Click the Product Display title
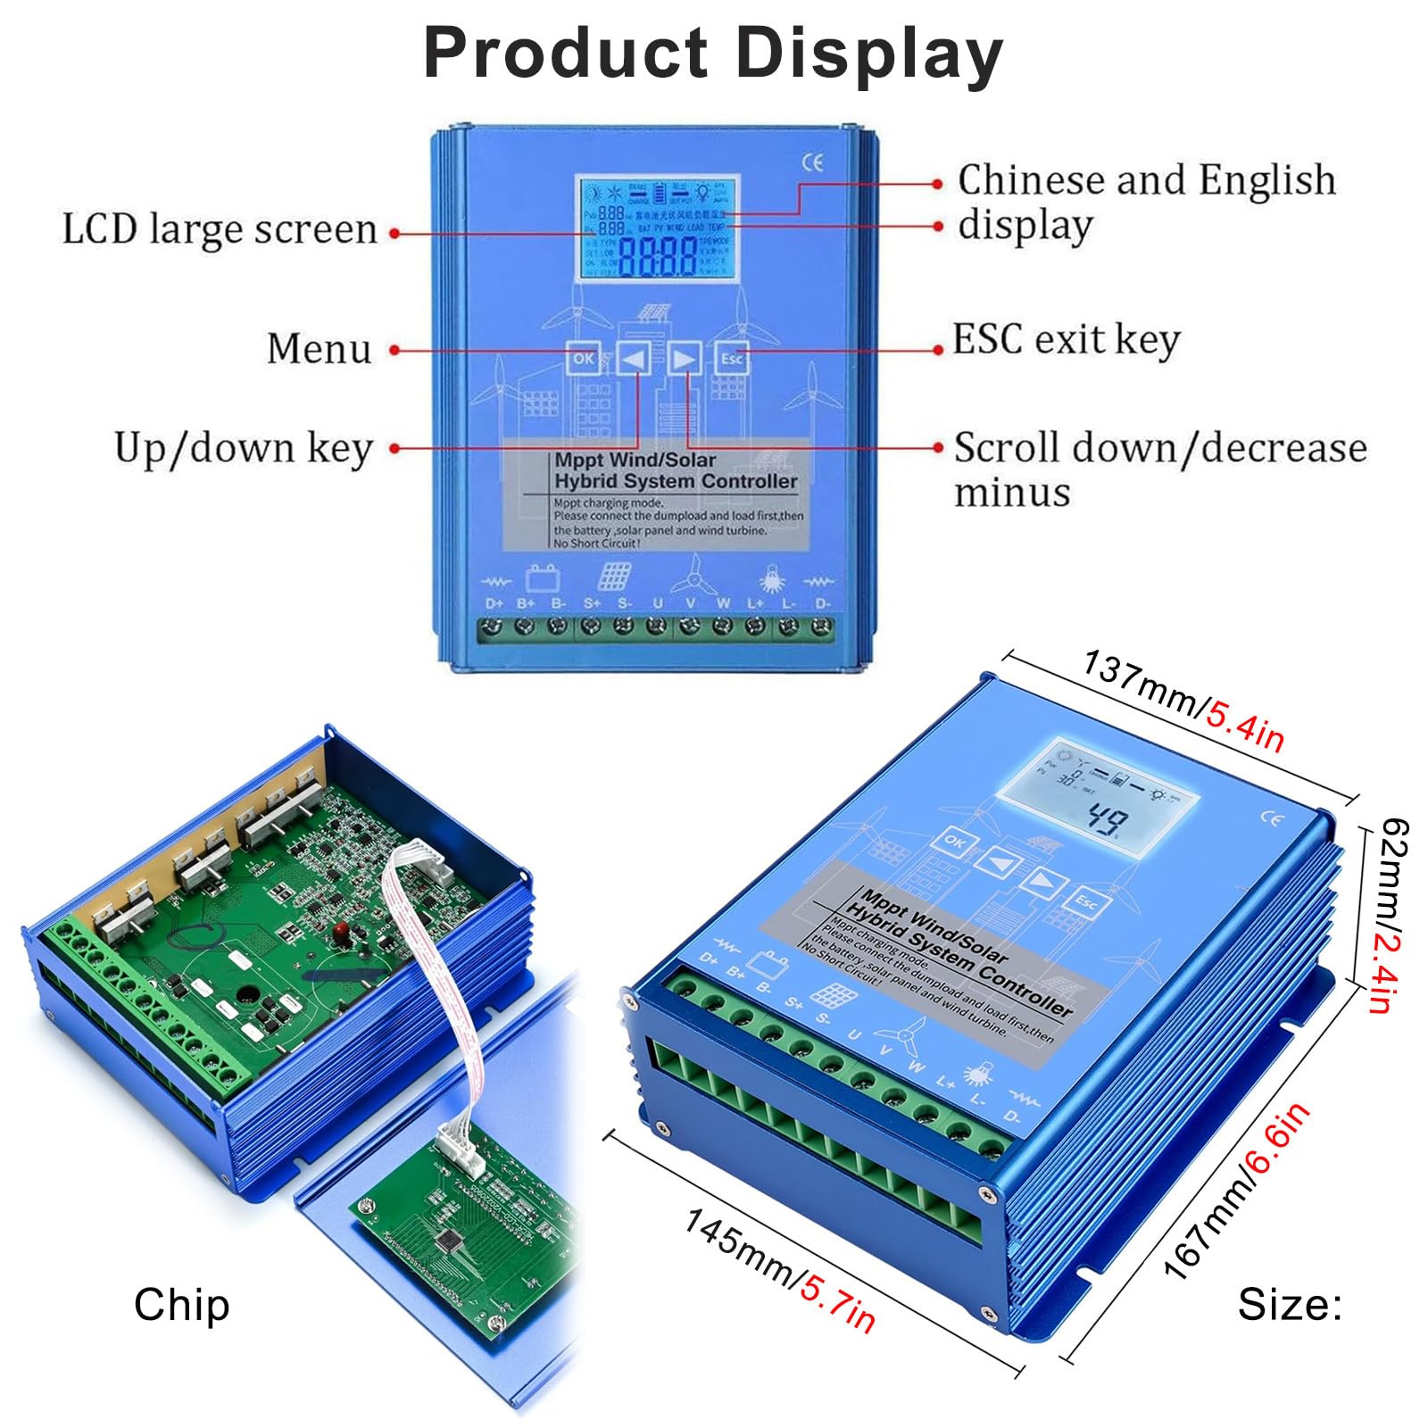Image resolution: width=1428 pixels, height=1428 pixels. (x=712, y=53)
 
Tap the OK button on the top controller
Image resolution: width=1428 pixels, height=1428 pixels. (x=583, y=359)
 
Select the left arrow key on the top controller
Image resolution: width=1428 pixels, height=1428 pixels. (x=634, y=359)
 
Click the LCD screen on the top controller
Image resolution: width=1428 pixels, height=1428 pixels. (x=657, y=228)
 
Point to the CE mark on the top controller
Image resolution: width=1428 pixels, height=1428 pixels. (x=812, y=162)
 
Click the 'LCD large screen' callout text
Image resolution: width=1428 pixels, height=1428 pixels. (x=220, y=229)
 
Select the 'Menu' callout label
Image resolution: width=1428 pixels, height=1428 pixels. (x=319, y=348)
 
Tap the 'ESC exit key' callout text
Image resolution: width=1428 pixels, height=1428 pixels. (x=1066, y=340)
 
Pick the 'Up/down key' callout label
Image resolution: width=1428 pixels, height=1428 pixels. (x=243, y=448)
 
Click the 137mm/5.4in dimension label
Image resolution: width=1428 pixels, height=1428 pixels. (x=1183, y=701)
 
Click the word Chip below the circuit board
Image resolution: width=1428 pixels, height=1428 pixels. (x=181, y=1304)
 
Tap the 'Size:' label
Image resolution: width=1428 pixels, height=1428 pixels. (x=1290, y=1305)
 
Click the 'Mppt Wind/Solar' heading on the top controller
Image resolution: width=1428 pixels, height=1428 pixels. (x=635, y=461)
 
